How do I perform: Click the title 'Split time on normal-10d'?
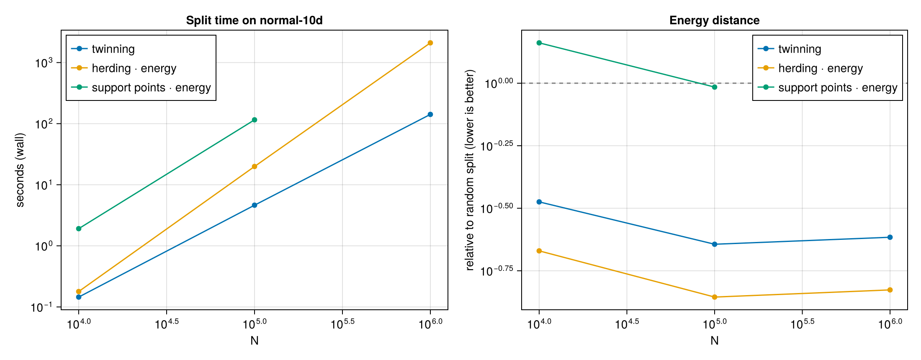click(x=254, y=20)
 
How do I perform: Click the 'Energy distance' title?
click(x=714, y=20)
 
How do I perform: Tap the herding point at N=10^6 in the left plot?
click(x=430, y=43)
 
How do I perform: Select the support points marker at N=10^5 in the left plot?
click(x=254, y=120)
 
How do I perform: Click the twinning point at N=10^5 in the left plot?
click(x=254, y=205)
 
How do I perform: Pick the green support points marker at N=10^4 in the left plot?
click(x=79, y=229)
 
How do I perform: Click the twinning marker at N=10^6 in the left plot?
click(x=430, y=114)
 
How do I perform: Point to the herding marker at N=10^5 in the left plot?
click(x=254, y=166)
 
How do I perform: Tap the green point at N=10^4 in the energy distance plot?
click(x=539, y=43)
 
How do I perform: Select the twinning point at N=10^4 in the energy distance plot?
click(x=539, y=202)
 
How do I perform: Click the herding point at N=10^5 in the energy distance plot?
click(x=714, y=297)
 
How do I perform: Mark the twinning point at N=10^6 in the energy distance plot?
click(x=890, y=237)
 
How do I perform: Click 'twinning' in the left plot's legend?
click(x=113, y=49)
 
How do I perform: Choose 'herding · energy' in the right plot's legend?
click(x=821, y=68)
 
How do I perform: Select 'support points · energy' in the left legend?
click(x=151, y=87)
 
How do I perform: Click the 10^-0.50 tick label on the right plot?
click(x=499, y=208)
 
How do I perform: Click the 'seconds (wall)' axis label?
click(x=20, y=170)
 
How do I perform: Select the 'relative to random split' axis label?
click(x=470, y=170)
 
